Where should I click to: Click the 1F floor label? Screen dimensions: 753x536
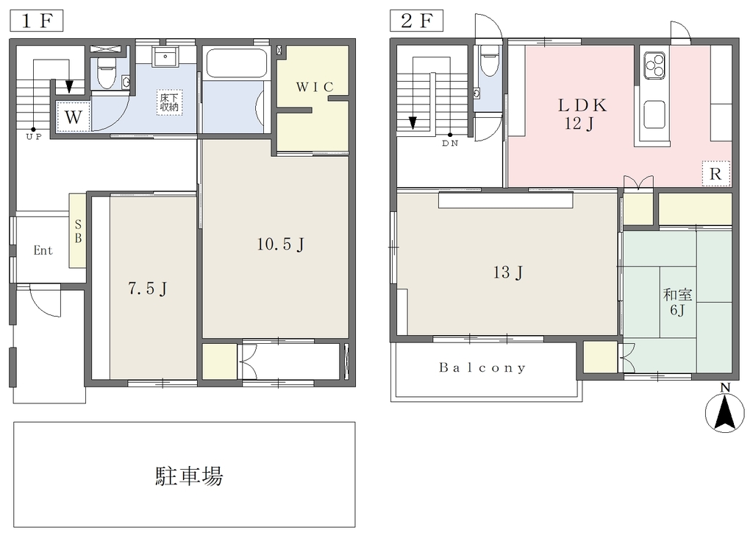coord(37,21)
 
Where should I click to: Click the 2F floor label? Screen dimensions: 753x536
coord(417,21)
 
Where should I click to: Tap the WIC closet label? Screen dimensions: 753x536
coord(315,87)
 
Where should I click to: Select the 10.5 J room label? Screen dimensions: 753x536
coord(280,244)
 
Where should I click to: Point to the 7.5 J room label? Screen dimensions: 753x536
coord(147,289)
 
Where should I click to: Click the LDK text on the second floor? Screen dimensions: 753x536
coord(582,105)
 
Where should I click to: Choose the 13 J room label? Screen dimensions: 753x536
coord(507,272)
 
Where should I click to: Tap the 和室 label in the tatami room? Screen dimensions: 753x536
coord(677,295)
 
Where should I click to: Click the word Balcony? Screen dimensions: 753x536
coord(482,367)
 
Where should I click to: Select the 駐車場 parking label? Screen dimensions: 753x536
coord(189,476)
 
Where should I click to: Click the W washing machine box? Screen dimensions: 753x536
coord(73,116)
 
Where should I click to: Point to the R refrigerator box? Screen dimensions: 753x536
coord(715,174)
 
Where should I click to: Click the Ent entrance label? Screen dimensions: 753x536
coord(43,250)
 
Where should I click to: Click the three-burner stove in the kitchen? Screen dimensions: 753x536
coord(654,65)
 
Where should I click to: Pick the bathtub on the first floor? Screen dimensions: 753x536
coord(236,63)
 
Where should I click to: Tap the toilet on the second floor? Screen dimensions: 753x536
coord(489,60)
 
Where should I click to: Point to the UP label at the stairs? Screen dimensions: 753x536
coord(34,136)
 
